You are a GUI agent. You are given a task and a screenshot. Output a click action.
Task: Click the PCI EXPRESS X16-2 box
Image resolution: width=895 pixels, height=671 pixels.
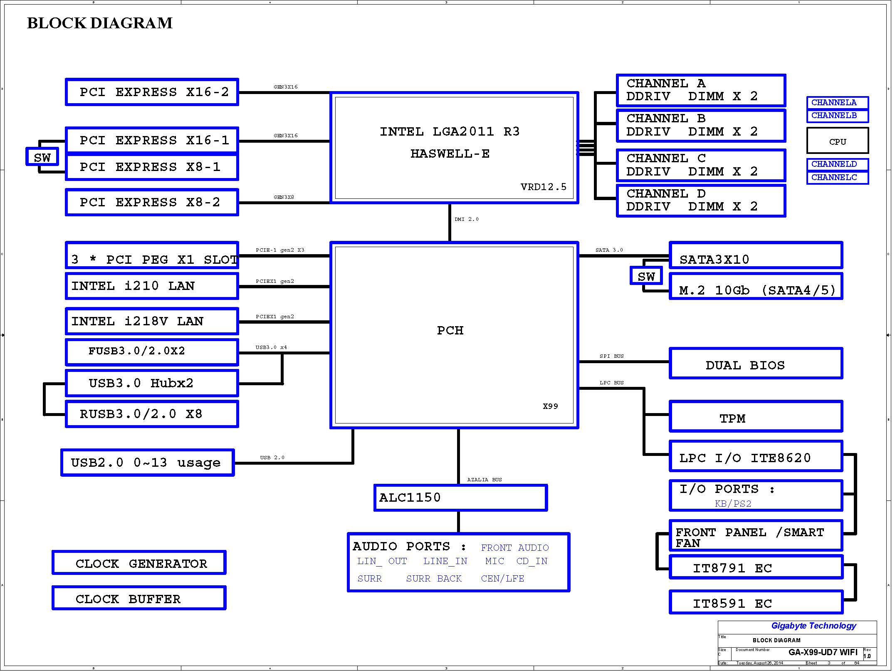pyautogui.click(x=152, y=92)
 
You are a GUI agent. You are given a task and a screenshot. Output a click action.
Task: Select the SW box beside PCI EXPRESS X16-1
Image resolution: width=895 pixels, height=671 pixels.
pyautogui.click(x=42, y=157)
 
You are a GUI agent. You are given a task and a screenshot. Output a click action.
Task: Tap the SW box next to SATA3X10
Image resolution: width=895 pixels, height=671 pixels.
pyautogui.click(x=646, y=276)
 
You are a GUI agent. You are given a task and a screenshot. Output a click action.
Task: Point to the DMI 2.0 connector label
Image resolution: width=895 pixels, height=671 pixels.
pyautogui.click(x=466, y=219)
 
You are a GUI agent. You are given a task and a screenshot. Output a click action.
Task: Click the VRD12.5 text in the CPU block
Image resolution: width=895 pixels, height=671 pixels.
pyautogui.click(x=543, y=187)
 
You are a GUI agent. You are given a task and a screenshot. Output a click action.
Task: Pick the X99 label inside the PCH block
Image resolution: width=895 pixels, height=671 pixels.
pyautogui.click(x=550, y=406)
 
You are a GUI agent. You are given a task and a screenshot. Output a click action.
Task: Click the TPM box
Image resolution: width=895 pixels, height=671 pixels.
pyautogui.click(x=756, y=416)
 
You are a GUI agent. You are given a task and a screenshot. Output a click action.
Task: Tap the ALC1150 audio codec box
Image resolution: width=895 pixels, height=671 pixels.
pyautogui.click(x=460, y=498)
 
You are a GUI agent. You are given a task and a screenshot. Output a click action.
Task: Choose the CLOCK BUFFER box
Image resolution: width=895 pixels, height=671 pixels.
pyautogui.click(x=139, y=598)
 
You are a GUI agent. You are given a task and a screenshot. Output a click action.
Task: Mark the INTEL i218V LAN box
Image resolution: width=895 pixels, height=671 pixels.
pyautogui.click(x=152, y=321)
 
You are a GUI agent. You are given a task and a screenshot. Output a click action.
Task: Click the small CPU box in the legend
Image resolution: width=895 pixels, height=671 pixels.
pyautogui.click(x=837, y=141)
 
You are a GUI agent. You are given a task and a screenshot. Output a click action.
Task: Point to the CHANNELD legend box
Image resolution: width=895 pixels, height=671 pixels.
pyautogui.click(x=837, y=164)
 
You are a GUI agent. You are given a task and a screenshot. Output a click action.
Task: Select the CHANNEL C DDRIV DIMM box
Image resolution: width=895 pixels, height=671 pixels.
pyautogui.click(x=701, y=165)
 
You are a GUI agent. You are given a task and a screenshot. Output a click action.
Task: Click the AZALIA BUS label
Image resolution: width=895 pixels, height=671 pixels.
pyautogui.click(x=484, y=480)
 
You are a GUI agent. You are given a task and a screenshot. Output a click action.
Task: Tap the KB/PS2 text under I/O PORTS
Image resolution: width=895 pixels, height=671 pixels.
pyautogui.click(x=733, y=504)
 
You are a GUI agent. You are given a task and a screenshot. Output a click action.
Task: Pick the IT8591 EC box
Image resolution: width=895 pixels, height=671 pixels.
pyautogui.click(x=756, y=602)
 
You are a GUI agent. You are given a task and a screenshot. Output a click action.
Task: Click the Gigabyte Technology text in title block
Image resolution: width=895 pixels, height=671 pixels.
pyautogui.click(x=813, y=626)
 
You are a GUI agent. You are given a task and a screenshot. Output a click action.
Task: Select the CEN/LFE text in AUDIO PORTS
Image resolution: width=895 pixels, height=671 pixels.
pyautogui.click(x=502, y=579)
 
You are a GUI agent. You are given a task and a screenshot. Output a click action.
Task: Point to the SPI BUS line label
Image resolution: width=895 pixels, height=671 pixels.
pyautogui.click(x=611, y=356)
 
